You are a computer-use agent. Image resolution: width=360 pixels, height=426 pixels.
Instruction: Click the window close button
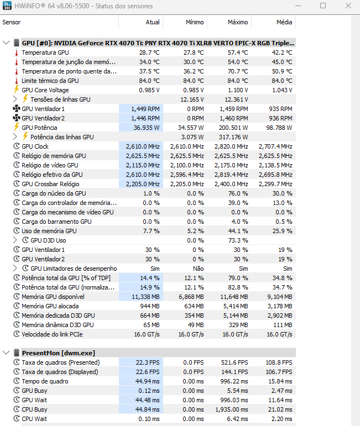[x=348, y=6]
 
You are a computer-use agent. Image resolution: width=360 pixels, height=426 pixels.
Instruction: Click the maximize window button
[x=323, y=6]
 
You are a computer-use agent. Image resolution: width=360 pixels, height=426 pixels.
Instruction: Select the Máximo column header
[x=238, y=22]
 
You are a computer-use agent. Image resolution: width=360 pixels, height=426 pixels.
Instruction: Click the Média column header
[x=284, y=22]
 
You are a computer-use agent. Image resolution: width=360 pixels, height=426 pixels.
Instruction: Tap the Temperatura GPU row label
[x=45, y=52]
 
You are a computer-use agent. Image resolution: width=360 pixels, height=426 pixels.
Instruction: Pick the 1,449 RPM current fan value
[x=146, y=109]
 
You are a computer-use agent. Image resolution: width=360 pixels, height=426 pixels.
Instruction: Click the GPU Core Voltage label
[x=45, y=90]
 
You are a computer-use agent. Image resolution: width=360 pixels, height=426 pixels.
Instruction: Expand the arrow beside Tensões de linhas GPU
[x=15, y=99]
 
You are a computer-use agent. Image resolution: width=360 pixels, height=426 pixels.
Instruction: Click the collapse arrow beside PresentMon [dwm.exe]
[x=6, y=353]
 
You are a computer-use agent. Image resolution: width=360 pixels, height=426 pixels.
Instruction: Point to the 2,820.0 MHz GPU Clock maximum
[x=231, y=146]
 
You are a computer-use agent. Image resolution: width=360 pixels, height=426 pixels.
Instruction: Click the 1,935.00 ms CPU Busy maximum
[x=231, y=409]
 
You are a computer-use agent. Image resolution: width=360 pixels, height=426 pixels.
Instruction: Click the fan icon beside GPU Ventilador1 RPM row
[x=15, y=109]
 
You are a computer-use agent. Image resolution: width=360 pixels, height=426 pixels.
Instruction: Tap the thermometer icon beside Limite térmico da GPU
[x=16, y=81]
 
